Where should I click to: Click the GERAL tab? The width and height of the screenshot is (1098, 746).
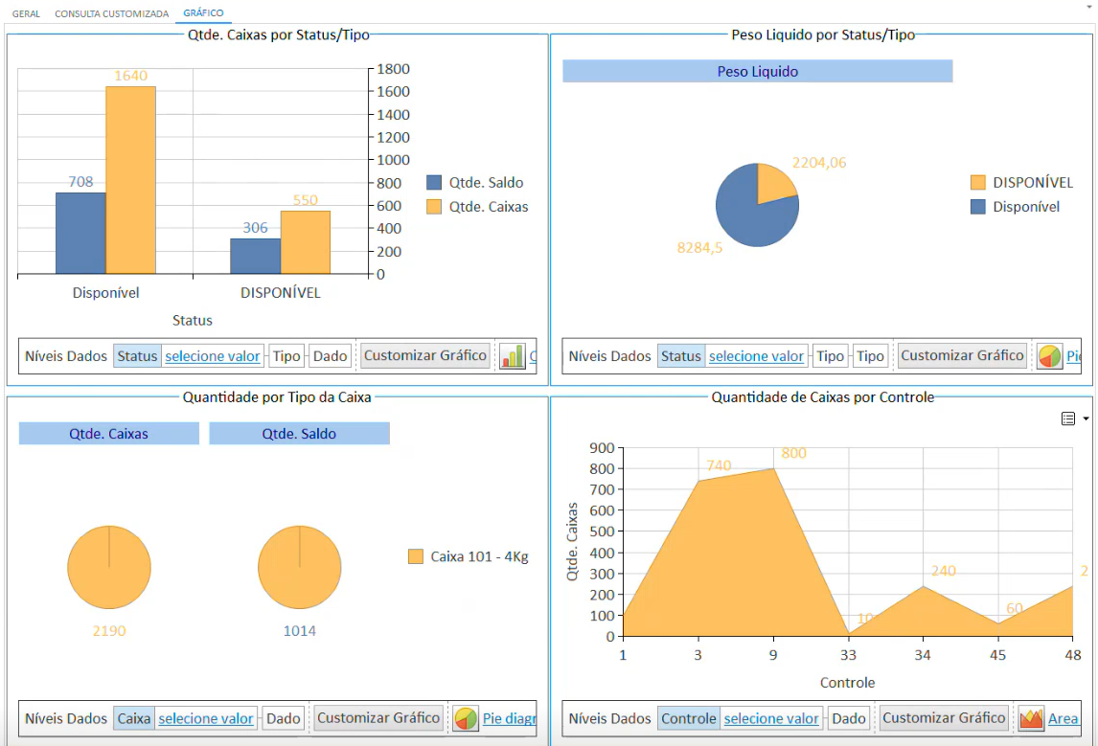pos(26,14)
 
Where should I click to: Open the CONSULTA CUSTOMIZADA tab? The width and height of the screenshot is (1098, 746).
pos(111,14)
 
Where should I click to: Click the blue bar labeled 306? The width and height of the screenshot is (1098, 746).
pos(255,256)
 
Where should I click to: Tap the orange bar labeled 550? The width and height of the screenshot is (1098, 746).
pos(305,241)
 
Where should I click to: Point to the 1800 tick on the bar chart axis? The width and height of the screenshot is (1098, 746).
pos(393,69)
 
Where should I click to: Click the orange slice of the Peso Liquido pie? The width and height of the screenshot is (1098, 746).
pos(774,183)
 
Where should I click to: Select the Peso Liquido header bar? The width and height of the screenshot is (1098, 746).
pos(757,72)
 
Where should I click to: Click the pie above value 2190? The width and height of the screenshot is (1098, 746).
pos(109,567)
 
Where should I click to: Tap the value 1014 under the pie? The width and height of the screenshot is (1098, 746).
pos(299,631)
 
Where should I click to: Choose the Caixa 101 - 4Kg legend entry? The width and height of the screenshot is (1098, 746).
pos(469,556)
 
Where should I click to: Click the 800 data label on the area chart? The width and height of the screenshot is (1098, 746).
pos(793,454)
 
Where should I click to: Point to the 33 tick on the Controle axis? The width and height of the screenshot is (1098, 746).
pos(848,656)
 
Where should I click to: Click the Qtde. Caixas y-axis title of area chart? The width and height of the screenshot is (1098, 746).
pos(573,542)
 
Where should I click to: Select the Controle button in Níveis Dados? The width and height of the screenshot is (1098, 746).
pos(688,718)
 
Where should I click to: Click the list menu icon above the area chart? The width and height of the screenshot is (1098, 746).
pos(1068,418)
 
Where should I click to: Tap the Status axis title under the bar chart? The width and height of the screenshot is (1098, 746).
pos(192,320)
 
